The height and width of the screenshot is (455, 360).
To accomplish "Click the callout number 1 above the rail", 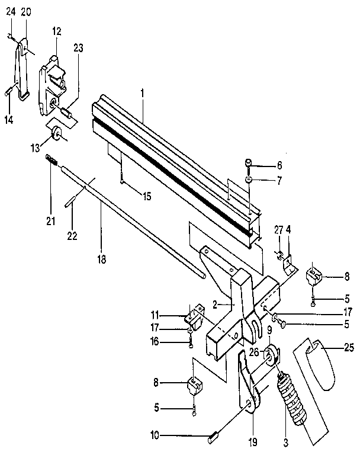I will click(142, 94).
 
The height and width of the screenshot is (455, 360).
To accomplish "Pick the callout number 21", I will click(50, 222).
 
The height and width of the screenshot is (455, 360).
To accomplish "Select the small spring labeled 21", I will click(51, 159).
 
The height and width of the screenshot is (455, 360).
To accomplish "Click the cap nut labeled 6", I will click(249, 163).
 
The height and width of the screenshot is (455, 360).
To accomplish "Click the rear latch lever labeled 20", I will click(22, 68).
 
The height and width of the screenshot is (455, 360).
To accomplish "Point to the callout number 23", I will click(78, 49).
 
